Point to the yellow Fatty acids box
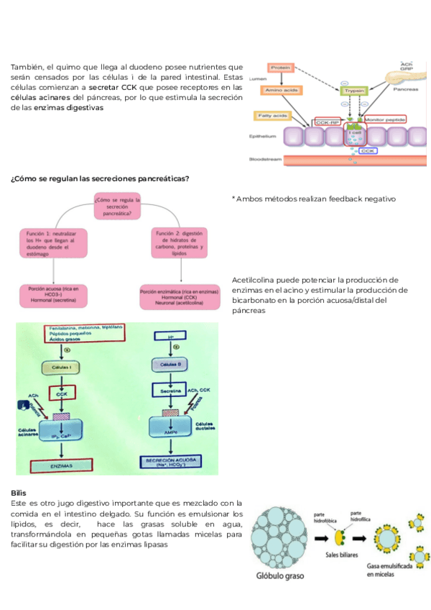coord(272,116)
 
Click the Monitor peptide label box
coord(385,120)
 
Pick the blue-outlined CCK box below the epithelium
coord(368,151)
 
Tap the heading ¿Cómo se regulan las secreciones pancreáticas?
coord(100,178)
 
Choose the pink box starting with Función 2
coord(180,245)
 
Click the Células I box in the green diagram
coord(64,367)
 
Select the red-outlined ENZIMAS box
coord(63,466)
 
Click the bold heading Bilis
coord(18,493)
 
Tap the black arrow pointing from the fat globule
coord(321,536)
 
